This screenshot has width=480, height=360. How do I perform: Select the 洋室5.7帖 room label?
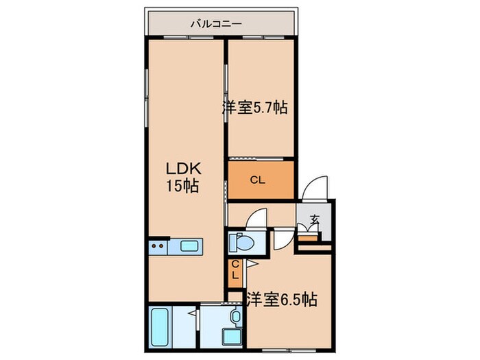254,107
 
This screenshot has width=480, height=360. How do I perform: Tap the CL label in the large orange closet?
258,181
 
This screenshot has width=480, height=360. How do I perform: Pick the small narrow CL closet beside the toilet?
235,269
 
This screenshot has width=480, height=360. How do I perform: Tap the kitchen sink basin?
188,245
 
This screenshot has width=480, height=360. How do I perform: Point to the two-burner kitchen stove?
158,246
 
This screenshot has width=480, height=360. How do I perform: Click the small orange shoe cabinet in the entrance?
309,237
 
